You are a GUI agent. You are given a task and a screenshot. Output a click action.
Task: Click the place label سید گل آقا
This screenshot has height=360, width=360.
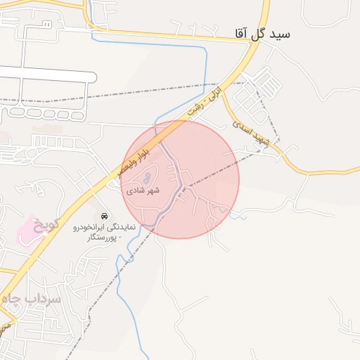[264, 34]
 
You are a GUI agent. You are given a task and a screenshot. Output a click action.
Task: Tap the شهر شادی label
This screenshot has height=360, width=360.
[143, 191]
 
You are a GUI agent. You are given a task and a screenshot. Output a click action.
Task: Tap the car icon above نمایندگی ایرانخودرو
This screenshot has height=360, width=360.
[105, 215]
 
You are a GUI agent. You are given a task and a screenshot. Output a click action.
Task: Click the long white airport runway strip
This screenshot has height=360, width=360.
[46, 75]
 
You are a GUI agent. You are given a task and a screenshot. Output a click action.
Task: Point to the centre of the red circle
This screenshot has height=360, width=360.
[180, 179]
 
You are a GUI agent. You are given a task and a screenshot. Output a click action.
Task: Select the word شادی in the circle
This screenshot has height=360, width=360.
[136, 191]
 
